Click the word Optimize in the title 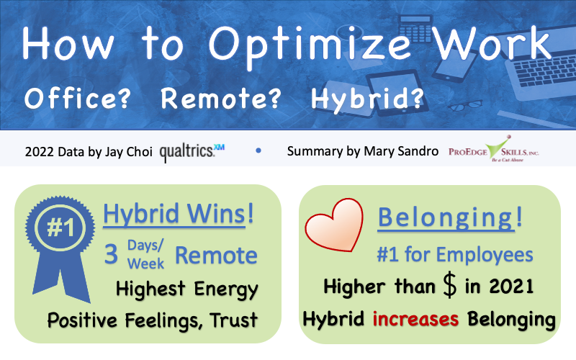coord(310,46)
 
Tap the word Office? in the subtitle coord(78,98)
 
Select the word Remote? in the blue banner coord(221,98)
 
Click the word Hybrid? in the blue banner coord(367,99)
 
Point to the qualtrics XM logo coord(192,151)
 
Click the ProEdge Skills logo coord(494,150)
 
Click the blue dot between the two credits coord(258,150)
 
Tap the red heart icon coord(334,225)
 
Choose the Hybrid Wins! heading coord(178,214)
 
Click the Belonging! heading coord(450,217)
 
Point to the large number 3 coord(111,254)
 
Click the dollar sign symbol coord(449,285)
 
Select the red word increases coord(415,318)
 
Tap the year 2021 coord(511,286)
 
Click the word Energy coord(226,289)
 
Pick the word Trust coord(233,320)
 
